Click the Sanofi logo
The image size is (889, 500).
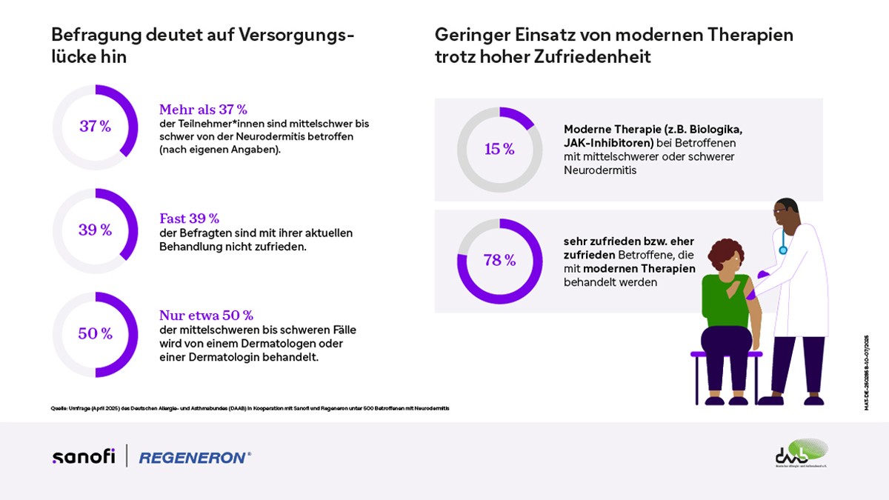click(83, 456)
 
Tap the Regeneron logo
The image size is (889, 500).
click(195, 458)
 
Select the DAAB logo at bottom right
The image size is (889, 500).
click(801, 453)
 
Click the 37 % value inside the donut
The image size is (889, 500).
click(95, 127)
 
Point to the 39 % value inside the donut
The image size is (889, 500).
click(95, 230)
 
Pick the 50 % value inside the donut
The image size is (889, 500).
click(95, 334)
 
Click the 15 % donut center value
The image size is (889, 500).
click(499, 150)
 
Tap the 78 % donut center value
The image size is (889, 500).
click(499, 261)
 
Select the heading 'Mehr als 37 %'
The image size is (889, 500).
click(203, 110)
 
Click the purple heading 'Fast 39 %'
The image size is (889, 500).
click(189, 219)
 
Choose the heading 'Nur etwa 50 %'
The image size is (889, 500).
click(206, 315)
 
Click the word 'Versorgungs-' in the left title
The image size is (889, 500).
click(296, 35)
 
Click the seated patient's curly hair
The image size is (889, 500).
click(725, 254)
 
